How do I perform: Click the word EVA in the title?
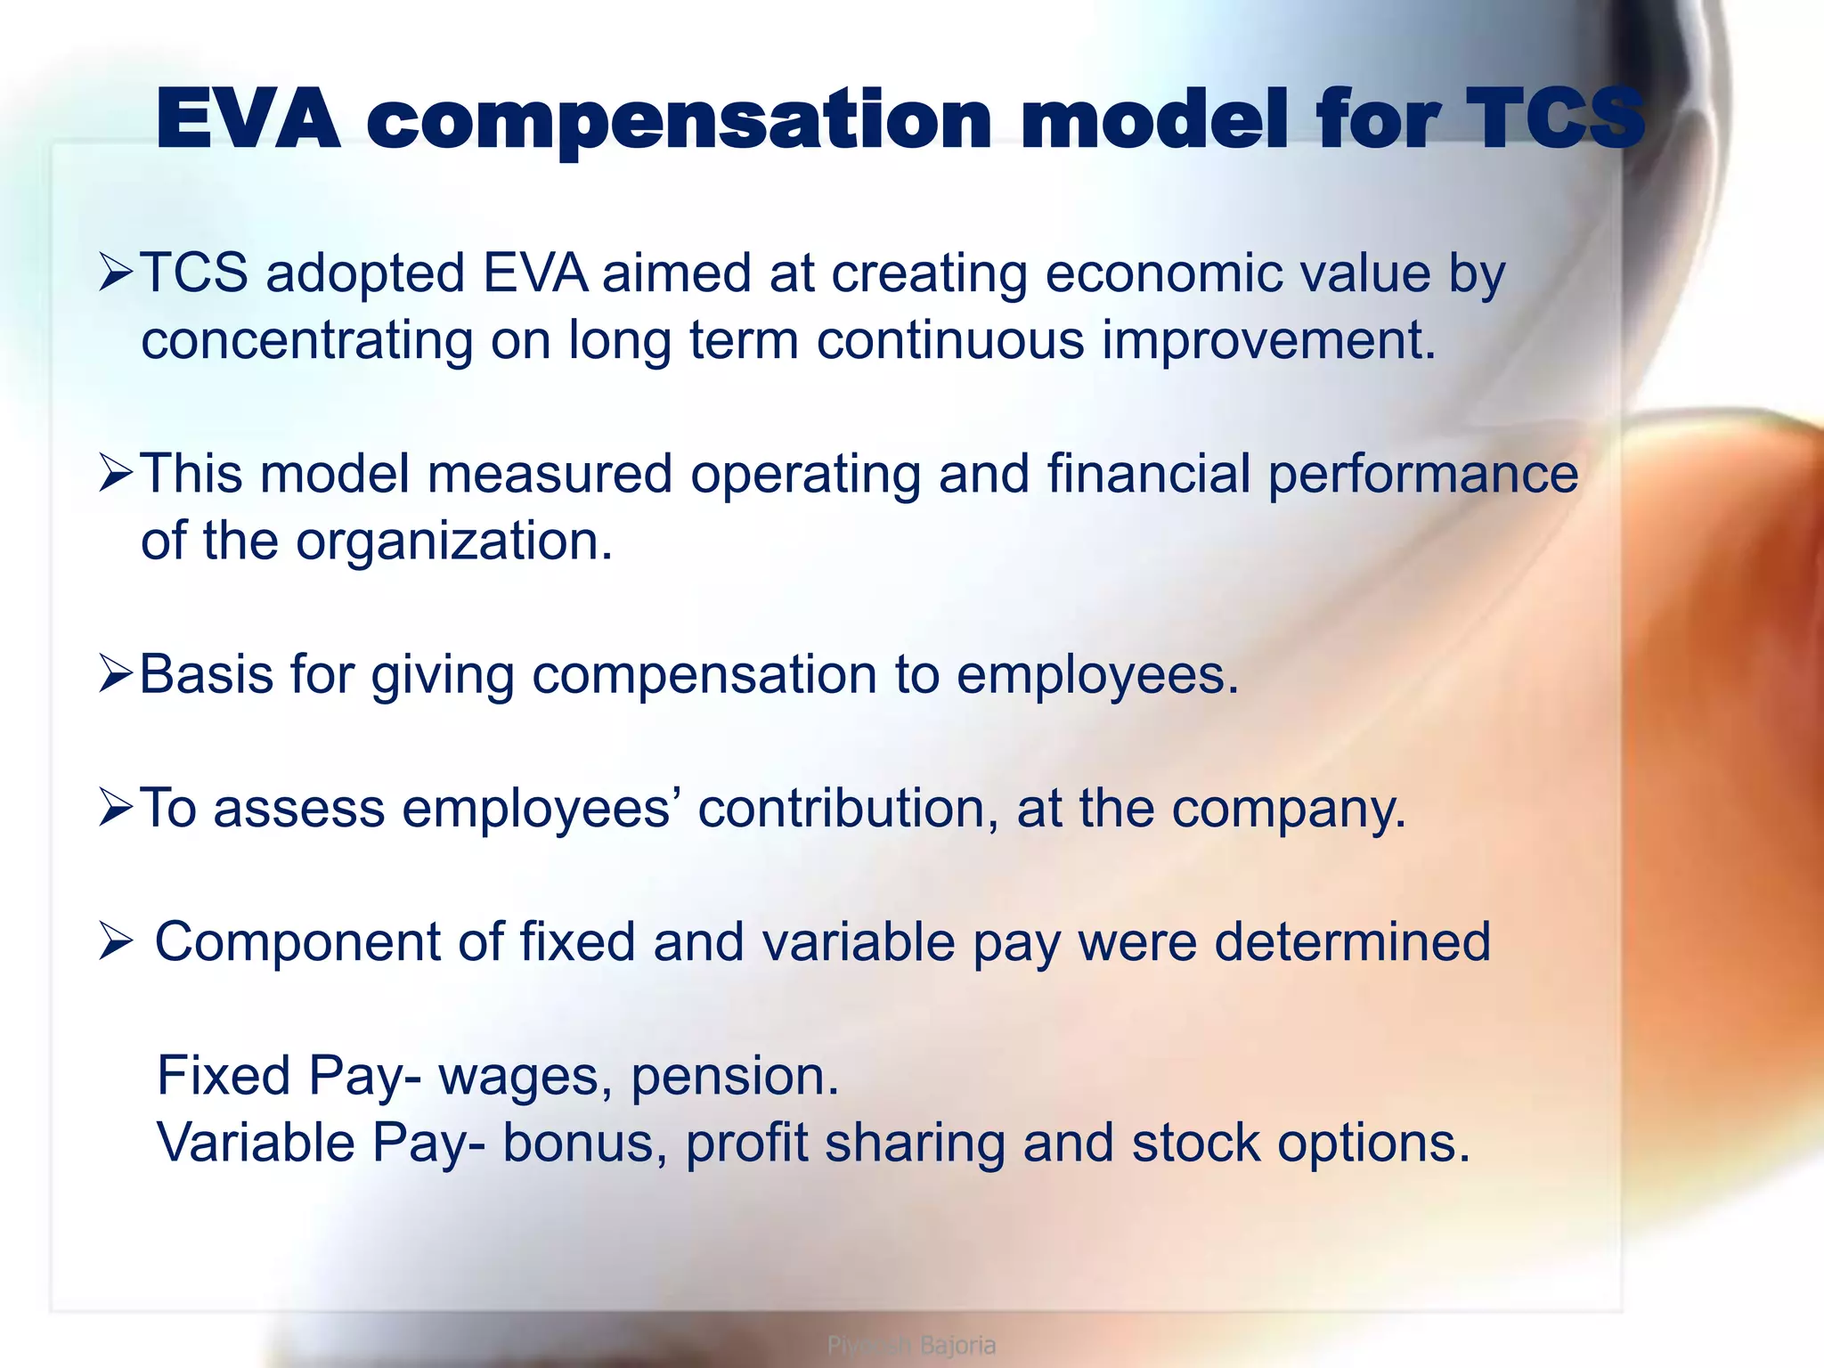click(248, 119)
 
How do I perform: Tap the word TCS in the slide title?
click(1554, 119)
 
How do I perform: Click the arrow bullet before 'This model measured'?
click(116, 473)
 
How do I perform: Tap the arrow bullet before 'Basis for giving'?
click(116, 674)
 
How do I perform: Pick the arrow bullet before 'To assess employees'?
click(116, 808)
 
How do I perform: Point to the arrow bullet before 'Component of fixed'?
click(116, 941)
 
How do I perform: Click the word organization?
click(454, 541)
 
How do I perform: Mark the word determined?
click(1352, 941)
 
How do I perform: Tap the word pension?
click(734, 1076)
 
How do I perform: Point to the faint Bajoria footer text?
click(957, 1345)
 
